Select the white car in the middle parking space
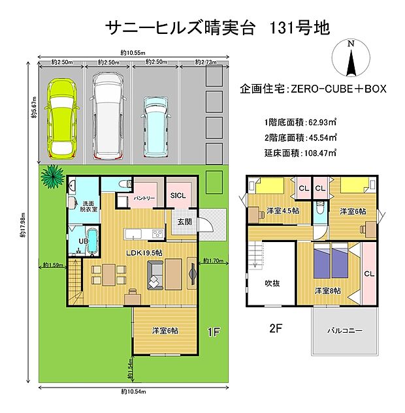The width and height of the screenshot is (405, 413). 109,115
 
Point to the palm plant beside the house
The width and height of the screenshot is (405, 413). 50,175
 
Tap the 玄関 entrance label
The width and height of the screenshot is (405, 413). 184,222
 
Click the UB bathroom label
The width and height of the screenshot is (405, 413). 82,241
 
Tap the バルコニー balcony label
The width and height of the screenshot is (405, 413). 344,330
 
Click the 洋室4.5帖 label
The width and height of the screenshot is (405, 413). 283,211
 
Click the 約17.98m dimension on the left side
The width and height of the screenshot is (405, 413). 23,224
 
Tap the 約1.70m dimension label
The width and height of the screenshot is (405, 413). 214,260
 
